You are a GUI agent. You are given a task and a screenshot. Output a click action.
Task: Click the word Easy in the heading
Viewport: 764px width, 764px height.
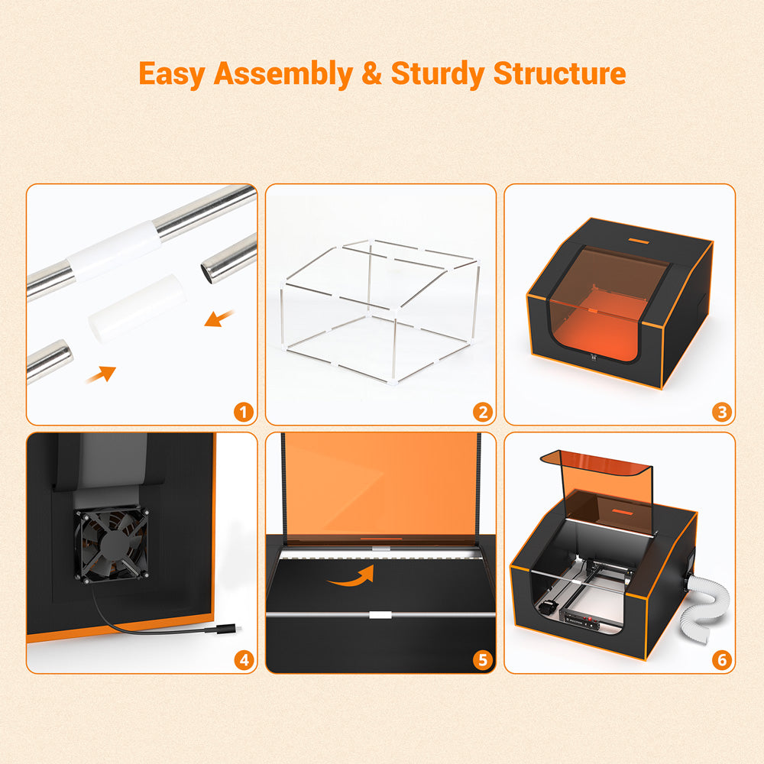[172, 74]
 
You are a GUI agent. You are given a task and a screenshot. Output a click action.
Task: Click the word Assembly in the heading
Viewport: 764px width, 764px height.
[283, 74]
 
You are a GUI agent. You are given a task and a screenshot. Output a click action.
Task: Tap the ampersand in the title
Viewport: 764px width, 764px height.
[372, 73]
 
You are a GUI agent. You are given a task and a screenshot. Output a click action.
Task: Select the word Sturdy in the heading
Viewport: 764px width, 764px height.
[438, 74]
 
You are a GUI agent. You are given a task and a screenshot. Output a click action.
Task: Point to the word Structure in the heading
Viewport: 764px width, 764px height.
[559, 73]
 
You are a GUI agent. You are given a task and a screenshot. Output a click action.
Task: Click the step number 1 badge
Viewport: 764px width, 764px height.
[244, 413]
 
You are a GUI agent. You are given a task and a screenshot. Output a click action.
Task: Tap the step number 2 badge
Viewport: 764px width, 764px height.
[482, 413]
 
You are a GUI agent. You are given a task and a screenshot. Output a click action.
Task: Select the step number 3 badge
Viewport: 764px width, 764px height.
[722, 413]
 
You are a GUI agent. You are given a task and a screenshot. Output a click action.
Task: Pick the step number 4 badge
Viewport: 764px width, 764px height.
[244, 660]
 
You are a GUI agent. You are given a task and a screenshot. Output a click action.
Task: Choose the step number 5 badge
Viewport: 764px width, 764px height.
[482, 660]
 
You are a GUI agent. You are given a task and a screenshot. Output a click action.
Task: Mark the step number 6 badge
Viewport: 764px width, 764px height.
[722, 660]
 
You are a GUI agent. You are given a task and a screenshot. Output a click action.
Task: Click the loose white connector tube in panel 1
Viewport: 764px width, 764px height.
[137, 308]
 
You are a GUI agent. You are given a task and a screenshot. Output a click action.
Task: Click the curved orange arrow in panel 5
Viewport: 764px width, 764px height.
[351, 576]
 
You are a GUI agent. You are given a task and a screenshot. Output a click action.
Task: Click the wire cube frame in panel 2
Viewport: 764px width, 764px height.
[380, 311]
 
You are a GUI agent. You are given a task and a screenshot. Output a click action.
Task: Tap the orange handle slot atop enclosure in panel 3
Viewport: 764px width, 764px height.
[640, 241]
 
